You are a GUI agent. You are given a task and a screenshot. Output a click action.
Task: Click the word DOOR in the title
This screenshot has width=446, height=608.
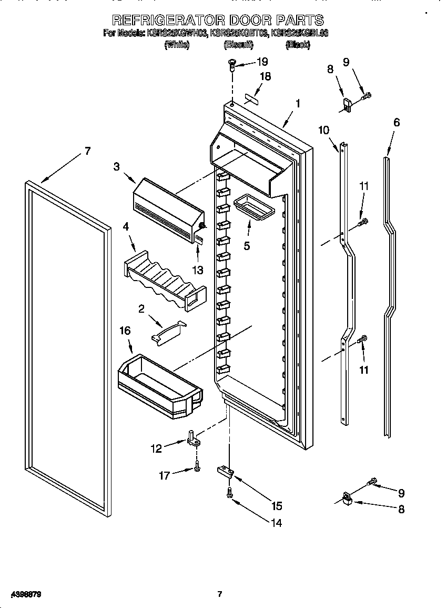246,20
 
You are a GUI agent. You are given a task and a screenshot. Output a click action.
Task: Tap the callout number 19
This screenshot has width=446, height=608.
262,62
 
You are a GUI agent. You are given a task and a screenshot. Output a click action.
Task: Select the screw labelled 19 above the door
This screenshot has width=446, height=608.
231,64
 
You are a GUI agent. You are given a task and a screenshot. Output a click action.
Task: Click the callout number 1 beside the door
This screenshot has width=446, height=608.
297,104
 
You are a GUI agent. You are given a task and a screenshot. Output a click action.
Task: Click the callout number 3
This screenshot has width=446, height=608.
116,166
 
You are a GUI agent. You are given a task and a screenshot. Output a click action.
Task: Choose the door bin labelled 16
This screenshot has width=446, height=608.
160,383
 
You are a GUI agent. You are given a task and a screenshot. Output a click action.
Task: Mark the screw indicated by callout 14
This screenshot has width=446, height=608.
230,493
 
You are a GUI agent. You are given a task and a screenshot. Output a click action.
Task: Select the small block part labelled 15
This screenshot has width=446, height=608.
225,470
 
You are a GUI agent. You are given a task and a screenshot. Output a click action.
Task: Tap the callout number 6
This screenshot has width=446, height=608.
396,122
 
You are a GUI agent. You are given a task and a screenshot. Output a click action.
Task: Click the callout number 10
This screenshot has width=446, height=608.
323,129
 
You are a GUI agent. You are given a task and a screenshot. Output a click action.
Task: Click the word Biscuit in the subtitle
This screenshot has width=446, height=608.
239,45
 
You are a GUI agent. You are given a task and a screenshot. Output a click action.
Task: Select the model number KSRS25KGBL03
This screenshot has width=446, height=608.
299,33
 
